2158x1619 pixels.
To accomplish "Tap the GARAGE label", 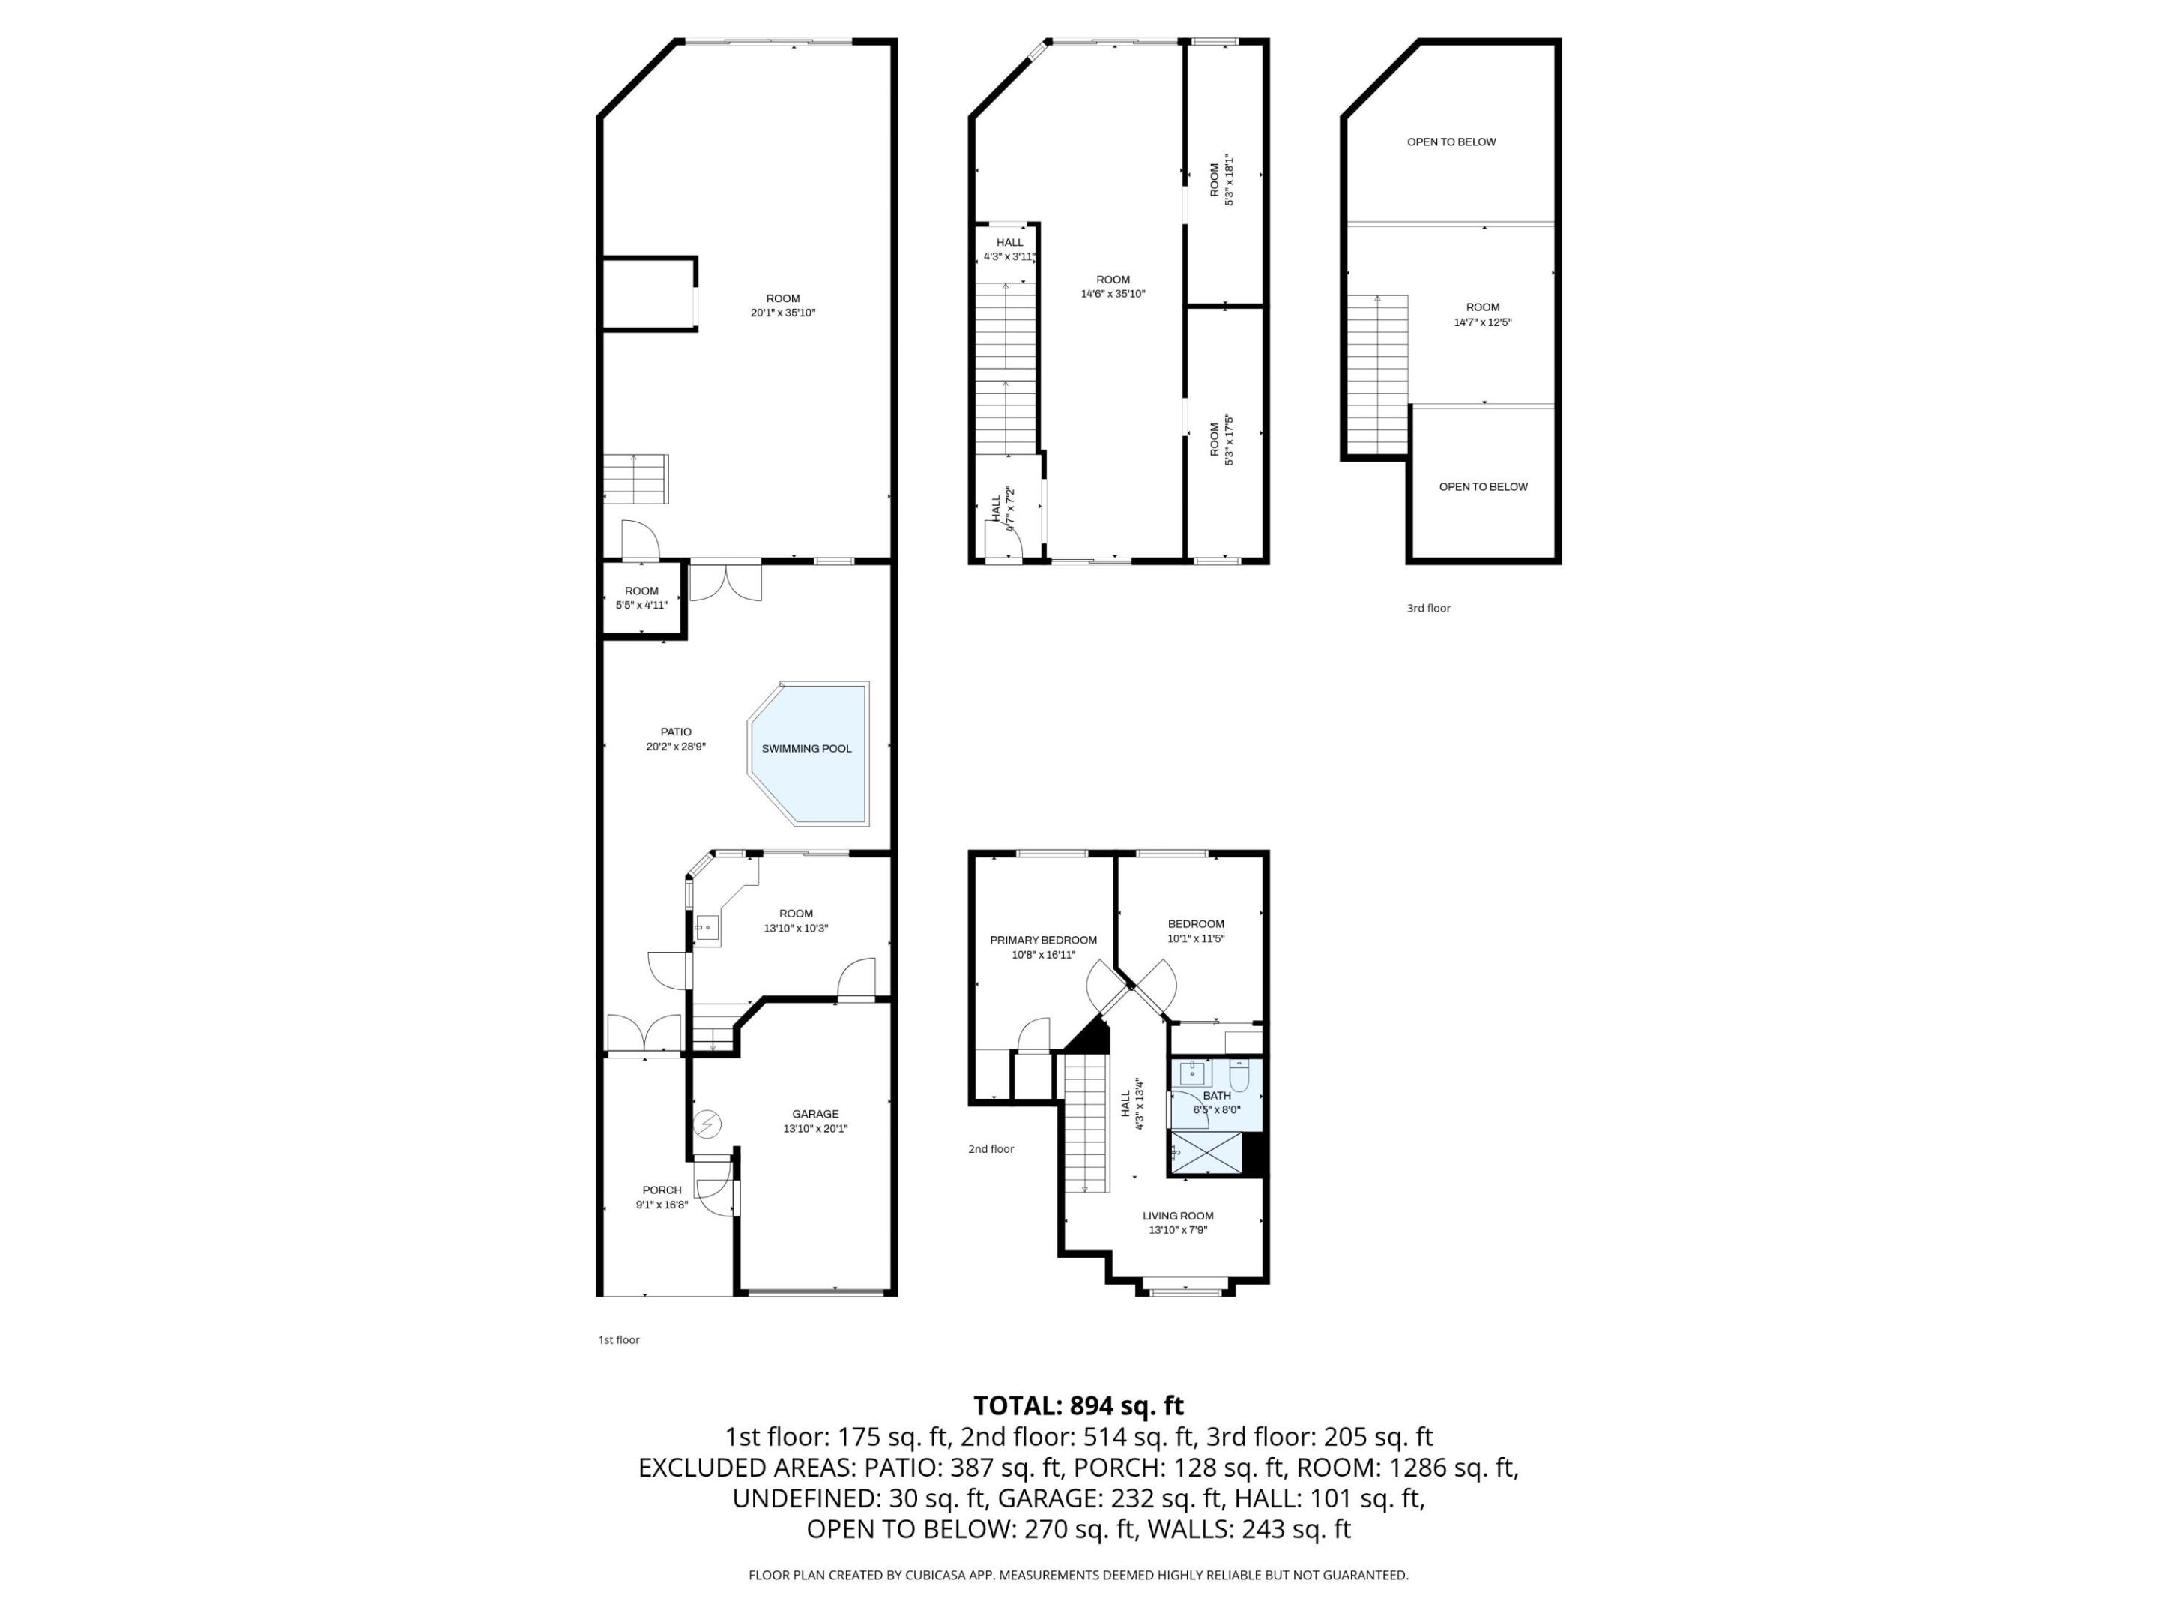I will [814, 1114].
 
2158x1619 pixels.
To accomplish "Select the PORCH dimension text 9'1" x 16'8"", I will [662, 1205].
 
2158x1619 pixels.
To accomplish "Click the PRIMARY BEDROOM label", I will [1043, 940].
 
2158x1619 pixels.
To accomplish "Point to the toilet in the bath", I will [1239, 1077].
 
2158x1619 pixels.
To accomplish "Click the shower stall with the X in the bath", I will [1207, 1154].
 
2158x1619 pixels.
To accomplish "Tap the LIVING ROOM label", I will [1178, 1216].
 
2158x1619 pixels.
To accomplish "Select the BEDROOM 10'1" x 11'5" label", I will [1195, 931].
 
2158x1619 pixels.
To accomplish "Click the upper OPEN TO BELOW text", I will [1451, 142].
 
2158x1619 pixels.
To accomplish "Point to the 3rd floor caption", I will [1428, 608].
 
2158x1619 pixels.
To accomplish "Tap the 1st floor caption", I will [618, 1340].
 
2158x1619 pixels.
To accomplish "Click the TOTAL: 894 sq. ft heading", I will [1078, 1405].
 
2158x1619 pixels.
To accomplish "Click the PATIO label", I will [675, 732].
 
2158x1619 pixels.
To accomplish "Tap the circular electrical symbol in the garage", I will [707, 1125].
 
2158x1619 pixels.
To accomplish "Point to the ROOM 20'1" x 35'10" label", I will [782, 306].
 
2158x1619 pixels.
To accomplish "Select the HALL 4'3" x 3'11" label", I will [1010, 250].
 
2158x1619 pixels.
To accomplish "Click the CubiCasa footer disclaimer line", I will [1078, 1574].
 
